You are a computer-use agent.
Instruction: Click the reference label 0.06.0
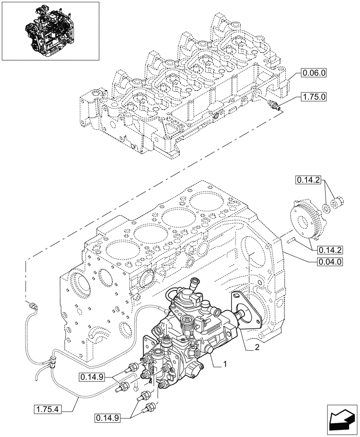(313, 74)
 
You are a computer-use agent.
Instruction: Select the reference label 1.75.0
(313, 97)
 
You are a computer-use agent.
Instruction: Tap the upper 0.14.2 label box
(308, 179)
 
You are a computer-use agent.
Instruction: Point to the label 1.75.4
(48, 409)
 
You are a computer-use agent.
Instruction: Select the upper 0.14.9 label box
(92, 376)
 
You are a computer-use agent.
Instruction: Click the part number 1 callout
(225, 364)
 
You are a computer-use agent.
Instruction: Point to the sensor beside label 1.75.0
(274, 104)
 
